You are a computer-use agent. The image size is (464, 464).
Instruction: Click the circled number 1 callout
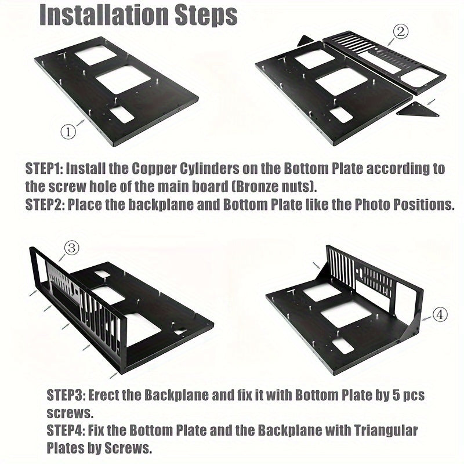tap(68, 132)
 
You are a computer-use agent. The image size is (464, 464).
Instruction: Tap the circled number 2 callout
tap(401, 32)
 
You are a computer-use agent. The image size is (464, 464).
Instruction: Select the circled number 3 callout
tap(72, 248)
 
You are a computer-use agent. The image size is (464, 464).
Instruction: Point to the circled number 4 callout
tap(440, 315)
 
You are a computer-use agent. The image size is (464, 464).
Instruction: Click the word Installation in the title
tap(104, 14)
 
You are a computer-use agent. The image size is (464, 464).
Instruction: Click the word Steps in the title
tap(206, 16)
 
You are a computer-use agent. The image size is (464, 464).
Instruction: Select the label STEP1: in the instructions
tap(44, 169)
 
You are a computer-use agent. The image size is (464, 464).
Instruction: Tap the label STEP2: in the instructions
tap(45, 205)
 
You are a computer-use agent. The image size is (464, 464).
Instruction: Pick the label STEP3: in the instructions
tap(66, 396)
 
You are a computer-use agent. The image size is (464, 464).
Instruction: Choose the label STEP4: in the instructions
tap(66, 430)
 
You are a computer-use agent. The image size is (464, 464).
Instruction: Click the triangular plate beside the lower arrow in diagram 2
tap(418, 110)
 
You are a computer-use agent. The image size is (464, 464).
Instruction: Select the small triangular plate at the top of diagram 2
tap(306, 41)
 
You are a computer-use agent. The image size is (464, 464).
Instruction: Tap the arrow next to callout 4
tap(426, 318)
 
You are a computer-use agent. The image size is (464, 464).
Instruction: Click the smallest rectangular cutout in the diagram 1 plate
tap(122, 114)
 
